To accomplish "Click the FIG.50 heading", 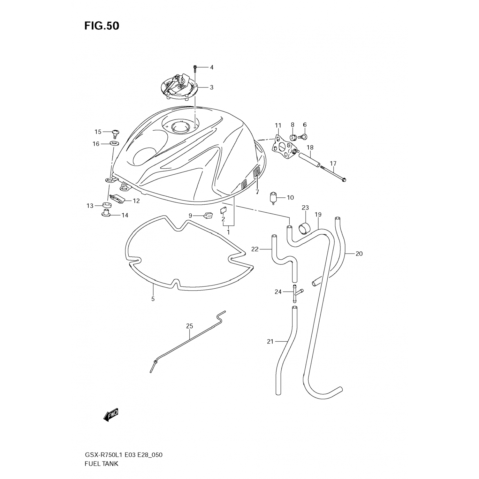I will [102, 26].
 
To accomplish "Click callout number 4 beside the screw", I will [211, 67].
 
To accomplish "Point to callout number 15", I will [98, 132].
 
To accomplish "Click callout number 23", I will [305, 208].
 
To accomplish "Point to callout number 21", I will [270, 342].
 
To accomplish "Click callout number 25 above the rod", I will [190, 326].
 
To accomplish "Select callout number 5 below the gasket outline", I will [153, 299].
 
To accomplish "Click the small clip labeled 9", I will [208, 216].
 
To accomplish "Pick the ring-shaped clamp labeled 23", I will [305, 228].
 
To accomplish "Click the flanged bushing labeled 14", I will [106, 213].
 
